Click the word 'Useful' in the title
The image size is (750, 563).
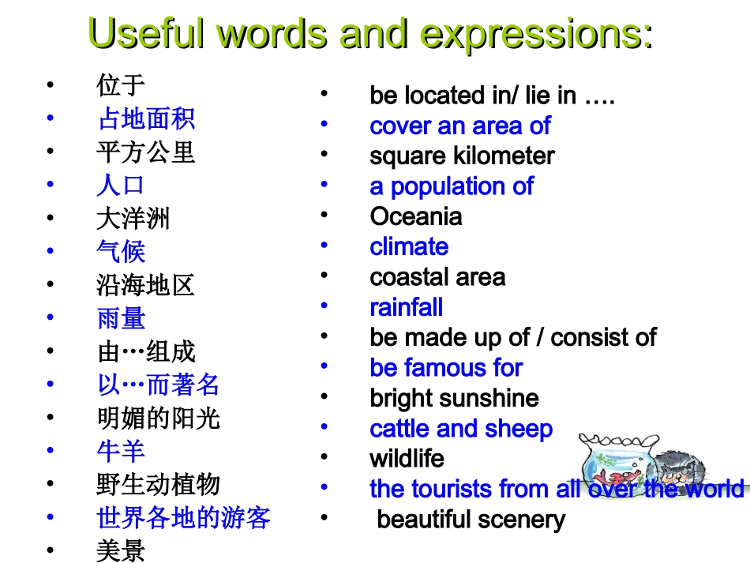tap(148, 34)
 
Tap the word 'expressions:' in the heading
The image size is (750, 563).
tap(537, 34)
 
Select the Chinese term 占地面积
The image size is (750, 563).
tap(146, 119)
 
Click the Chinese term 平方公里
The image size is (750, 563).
tap(146, 152)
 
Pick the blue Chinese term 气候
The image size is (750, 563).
tap(121, 252)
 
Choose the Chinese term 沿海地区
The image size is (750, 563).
tap(146, 285)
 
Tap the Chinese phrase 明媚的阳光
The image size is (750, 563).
tap(159, 418)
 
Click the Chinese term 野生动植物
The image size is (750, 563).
tap(159, 484)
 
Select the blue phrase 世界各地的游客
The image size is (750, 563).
tap(184, 518)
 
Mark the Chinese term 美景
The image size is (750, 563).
tap(121, 551)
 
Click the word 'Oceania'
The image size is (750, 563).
tap(416, 216)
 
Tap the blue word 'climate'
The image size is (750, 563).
tap(409, 246)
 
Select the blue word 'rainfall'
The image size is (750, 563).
tap(407, 307)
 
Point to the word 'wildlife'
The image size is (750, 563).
tap(407, 459)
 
